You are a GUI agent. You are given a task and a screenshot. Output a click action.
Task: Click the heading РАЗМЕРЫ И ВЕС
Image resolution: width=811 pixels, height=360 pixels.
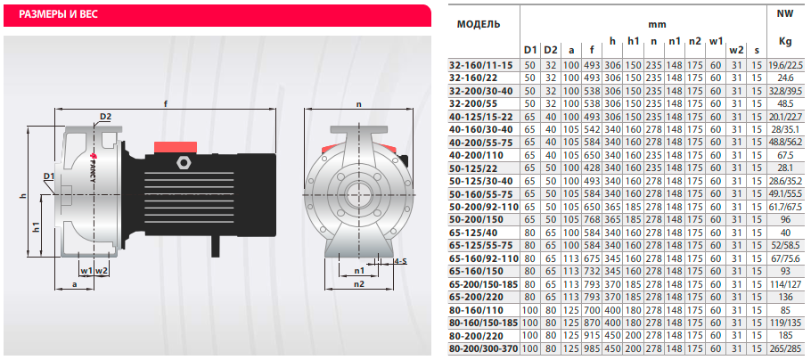tap(59, 14)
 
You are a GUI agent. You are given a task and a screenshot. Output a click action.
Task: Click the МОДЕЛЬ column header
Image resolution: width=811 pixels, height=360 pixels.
tap(479, 24)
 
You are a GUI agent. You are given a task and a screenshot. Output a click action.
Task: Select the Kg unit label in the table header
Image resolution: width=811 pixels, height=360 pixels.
tap(785, 43)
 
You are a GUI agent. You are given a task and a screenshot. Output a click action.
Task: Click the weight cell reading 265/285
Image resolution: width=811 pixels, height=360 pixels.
tap(785, 349)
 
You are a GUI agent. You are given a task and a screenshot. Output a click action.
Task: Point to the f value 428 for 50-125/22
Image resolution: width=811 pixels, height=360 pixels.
tap(591, 168)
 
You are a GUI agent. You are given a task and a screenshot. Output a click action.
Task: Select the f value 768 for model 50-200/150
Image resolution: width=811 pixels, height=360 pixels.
tap(591, 219)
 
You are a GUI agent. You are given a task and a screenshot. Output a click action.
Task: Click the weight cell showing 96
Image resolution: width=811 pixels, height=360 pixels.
tap(785, 219)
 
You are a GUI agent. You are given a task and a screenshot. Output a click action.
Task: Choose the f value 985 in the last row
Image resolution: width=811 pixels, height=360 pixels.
tap(591, 349)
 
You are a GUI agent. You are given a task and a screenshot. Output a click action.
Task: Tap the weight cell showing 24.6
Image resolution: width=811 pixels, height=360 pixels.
tap(785, 78)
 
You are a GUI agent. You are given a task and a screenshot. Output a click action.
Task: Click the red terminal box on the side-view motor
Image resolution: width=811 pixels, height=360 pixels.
tap(176, 147)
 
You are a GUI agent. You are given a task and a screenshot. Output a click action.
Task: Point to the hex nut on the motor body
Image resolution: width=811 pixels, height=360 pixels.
tap(182, 162)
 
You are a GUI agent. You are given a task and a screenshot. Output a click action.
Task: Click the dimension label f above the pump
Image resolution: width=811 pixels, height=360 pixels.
tap(166, 103)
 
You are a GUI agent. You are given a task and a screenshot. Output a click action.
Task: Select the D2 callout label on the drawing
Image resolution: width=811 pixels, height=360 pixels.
tap(105, 117)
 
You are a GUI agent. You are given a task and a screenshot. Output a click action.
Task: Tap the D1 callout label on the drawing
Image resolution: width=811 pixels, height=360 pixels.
tap(49, 177)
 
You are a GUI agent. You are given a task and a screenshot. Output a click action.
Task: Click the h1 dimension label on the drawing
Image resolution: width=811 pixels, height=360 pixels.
tap(35, 226)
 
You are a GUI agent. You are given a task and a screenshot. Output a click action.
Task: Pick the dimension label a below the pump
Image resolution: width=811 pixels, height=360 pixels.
tap(75, 284)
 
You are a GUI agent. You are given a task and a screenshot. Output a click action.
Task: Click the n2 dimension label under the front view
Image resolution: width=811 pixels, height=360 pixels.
tap(359, 283)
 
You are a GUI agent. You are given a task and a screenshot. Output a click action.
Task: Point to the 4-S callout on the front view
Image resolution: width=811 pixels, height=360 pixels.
tap(400, 261)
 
